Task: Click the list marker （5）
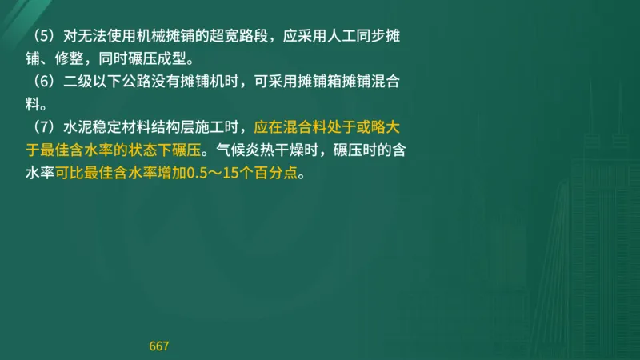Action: tap(40, 37)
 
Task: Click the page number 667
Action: tap(159, 346)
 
